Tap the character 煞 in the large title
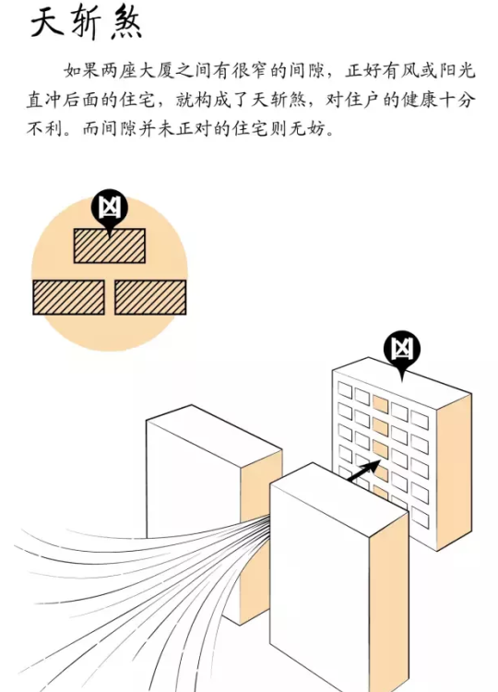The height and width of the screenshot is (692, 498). pyautogui.click(x=126, y=23)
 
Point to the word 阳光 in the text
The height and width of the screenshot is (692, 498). pyautogui.click(x=457, y=71)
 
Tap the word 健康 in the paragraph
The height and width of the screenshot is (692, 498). pyautogui.click(x=420, y=100)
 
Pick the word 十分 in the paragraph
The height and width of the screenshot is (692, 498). pyautogui.click(x=457, y=100)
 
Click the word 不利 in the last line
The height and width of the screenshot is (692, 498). pyautogui.click(x=44, y=129)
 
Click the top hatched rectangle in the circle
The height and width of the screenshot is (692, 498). pyautogui.click(x=110, y=245)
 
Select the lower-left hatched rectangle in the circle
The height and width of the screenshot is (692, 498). pyautogui.click(x=68, y=297)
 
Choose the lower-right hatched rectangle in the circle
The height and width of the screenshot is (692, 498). pyautogui.click(x=150, y=297)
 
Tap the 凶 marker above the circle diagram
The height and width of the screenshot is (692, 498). pyautogui.click(x=110, y=210)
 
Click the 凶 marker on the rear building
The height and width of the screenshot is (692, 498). pyautogui.click(x=401, y=352)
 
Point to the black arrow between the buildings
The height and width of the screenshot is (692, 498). pyautogui.click(x=364, y=471)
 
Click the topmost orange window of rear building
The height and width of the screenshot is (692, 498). pyautogui.click(x=380, y=404)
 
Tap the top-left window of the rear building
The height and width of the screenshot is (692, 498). pyautogui.click(x=345, y=390)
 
